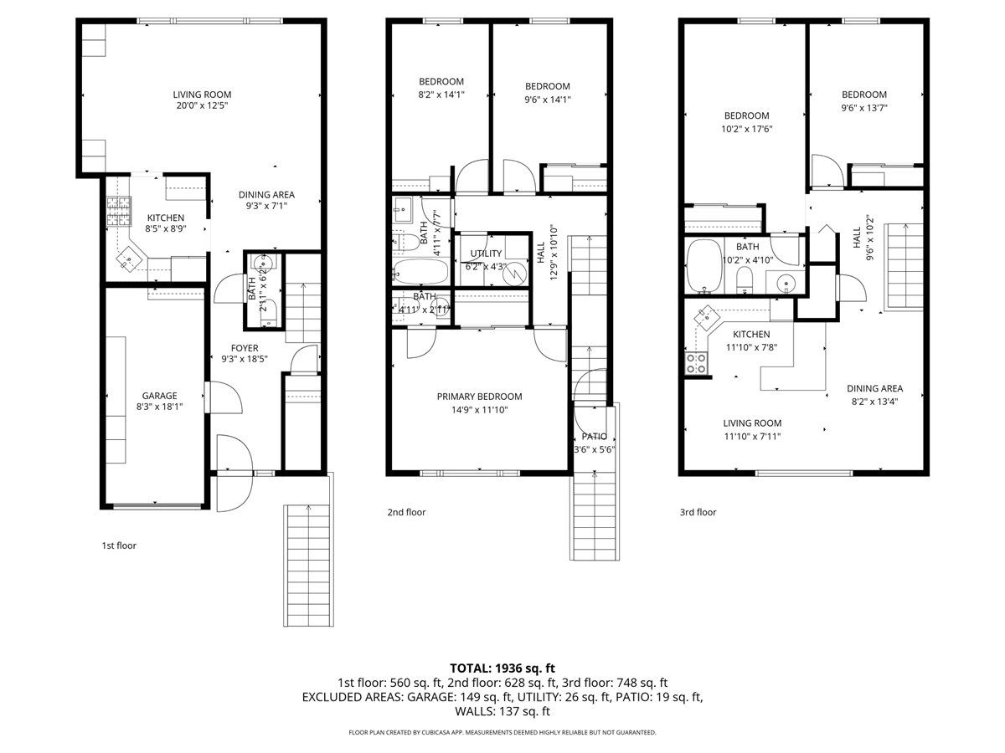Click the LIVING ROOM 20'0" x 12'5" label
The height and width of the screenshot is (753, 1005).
202,100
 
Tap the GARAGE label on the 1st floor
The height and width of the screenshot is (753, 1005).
158,400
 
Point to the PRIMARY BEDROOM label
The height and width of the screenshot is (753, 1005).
479,402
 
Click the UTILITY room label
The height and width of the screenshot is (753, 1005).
486,259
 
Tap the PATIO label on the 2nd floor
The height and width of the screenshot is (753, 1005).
594,443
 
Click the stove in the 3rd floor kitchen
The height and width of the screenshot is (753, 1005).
696,363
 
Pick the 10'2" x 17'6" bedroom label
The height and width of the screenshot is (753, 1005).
746,122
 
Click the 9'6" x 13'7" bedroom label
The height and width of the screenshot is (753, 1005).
863,101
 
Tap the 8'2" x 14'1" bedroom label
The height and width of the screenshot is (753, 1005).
441,88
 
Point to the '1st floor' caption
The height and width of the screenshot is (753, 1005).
119,546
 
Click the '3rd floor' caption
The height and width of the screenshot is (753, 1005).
698,512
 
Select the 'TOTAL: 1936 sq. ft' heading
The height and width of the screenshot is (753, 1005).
502,668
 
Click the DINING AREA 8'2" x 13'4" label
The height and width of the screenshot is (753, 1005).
874,394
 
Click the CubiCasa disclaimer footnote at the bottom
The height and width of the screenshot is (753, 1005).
502,732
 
